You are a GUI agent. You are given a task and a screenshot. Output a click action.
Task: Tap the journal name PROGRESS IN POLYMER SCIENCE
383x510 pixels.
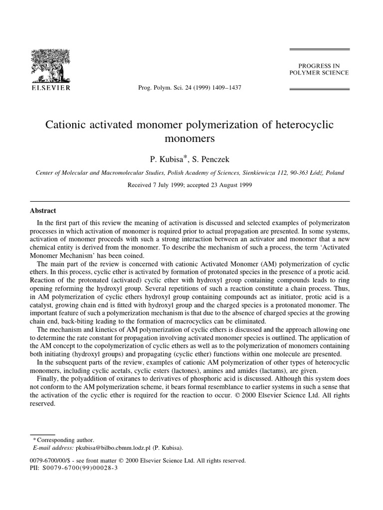coord(319,69)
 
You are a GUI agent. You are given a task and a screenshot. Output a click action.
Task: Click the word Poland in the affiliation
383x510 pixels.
coord(333,173)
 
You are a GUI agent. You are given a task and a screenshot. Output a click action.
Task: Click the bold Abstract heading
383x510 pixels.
coord(43,211)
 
